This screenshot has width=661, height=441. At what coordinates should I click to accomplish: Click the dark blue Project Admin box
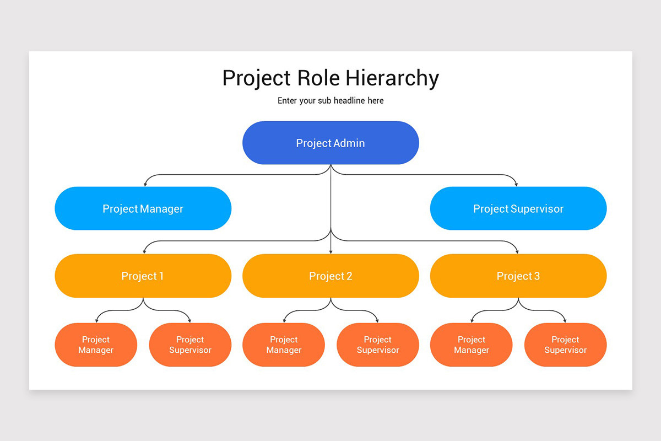pos(330,143)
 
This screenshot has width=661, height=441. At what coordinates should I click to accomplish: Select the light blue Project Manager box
pos(143,208)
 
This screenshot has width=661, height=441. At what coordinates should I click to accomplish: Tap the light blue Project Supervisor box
pos(518,208)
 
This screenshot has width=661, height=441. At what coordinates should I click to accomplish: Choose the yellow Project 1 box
pos(143,276)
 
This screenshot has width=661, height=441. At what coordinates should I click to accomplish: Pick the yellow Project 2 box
pos(330,276)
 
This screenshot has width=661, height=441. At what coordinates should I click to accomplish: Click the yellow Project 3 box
pos(518,276)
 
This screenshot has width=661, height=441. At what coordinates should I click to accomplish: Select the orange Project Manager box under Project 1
pos(96,345)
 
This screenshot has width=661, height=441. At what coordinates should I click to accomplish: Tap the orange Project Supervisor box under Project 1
pos(190,345)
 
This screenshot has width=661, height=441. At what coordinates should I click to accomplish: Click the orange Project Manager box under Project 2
pos(284,345)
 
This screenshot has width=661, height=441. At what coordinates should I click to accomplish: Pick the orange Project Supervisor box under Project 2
pos(378,345)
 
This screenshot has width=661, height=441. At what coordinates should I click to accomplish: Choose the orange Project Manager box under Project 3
pos(472,345)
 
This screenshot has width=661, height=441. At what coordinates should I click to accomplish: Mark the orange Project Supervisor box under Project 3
pos(565,345)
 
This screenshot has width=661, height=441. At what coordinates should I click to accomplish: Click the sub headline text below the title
pos(330,101)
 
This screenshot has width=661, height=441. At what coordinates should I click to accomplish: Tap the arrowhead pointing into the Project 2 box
pos(330,251)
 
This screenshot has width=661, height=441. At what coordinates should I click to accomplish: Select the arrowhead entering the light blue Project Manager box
pos(145,184)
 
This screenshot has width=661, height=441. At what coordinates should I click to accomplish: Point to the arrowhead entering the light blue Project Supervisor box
pos(516,184)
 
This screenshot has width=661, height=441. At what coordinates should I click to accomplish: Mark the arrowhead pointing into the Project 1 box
pos(145,251)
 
